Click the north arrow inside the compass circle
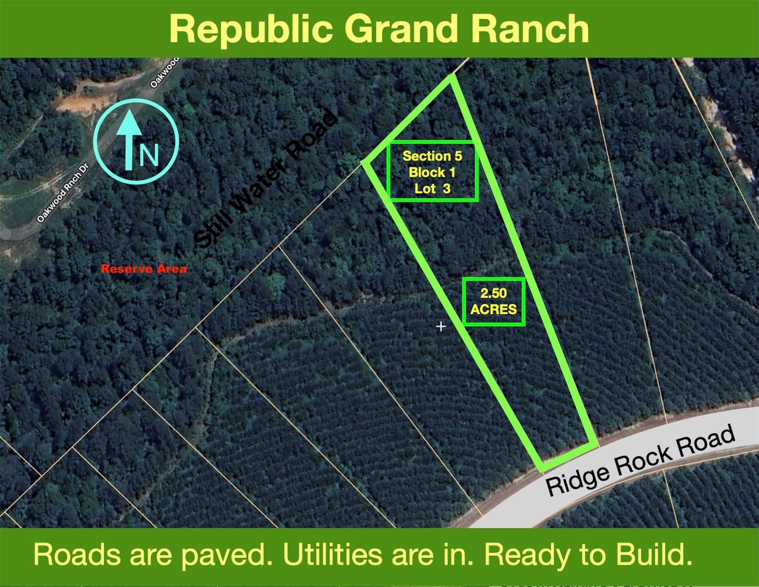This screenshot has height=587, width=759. click(x=129, y=139)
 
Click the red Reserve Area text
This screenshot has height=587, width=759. click(x=144, y=269)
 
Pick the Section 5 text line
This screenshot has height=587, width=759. click(x=432, y=156)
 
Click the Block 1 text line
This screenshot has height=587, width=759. click(x=432, y=172)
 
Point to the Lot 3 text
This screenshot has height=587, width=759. click(x=432, y=188)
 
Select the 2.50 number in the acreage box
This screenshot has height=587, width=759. click(x=493, y=293)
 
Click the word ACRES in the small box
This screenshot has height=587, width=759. click(x=493, y=309)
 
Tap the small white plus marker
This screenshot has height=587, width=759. click(x=441, y=326)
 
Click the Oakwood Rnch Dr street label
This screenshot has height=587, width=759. click(x=62, y=193)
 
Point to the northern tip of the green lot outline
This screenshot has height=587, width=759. click(x=451, y=75)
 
